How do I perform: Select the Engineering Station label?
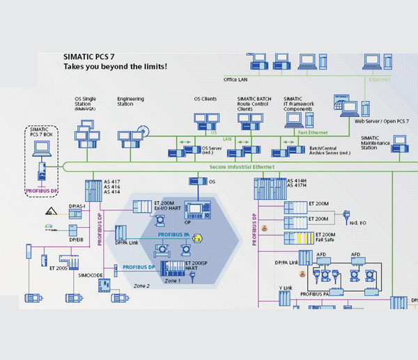click(130, 102)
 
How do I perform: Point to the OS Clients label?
click(205, 99)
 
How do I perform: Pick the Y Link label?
click(285, 287)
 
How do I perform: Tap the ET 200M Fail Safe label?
click(325, 239)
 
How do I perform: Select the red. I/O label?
click(358, 223)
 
